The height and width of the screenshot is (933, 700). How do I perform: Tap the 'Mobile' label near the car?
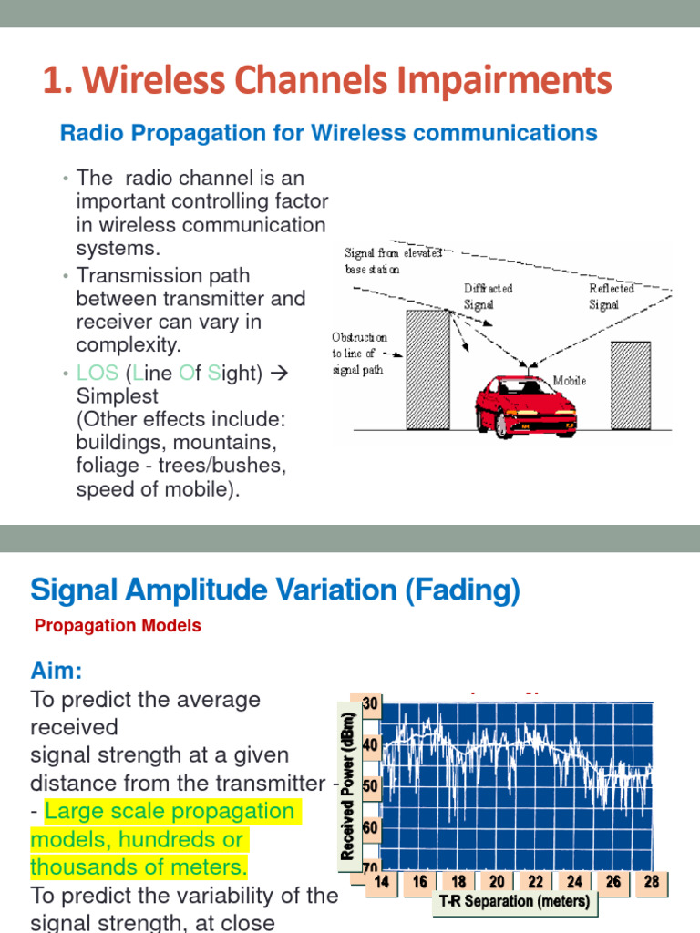point(570,381)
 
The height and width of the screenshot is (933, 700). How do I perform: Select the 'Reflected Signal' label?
point(610,297)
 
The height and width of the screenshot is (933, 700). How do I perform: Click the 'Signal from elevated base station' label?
point(392,261)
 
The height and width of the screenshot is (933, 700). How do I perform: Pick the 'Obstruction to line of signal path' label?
point(359,354)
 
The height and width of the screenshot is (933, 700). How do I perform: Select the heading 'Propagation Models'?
point(118,626)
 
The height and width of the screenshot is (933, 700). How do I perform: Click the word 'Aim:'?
point(57,672)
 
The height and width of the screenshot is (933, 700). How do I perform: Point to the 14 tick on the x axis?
point(382,882)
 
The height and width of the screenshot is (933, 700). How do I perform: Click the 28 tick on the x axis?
point(651,882)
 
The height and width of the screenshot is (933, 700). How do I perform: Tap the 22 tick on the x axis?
point(536,882)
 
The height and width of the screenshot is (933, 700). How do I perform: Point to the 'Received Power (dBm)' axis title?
point(347,786)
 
